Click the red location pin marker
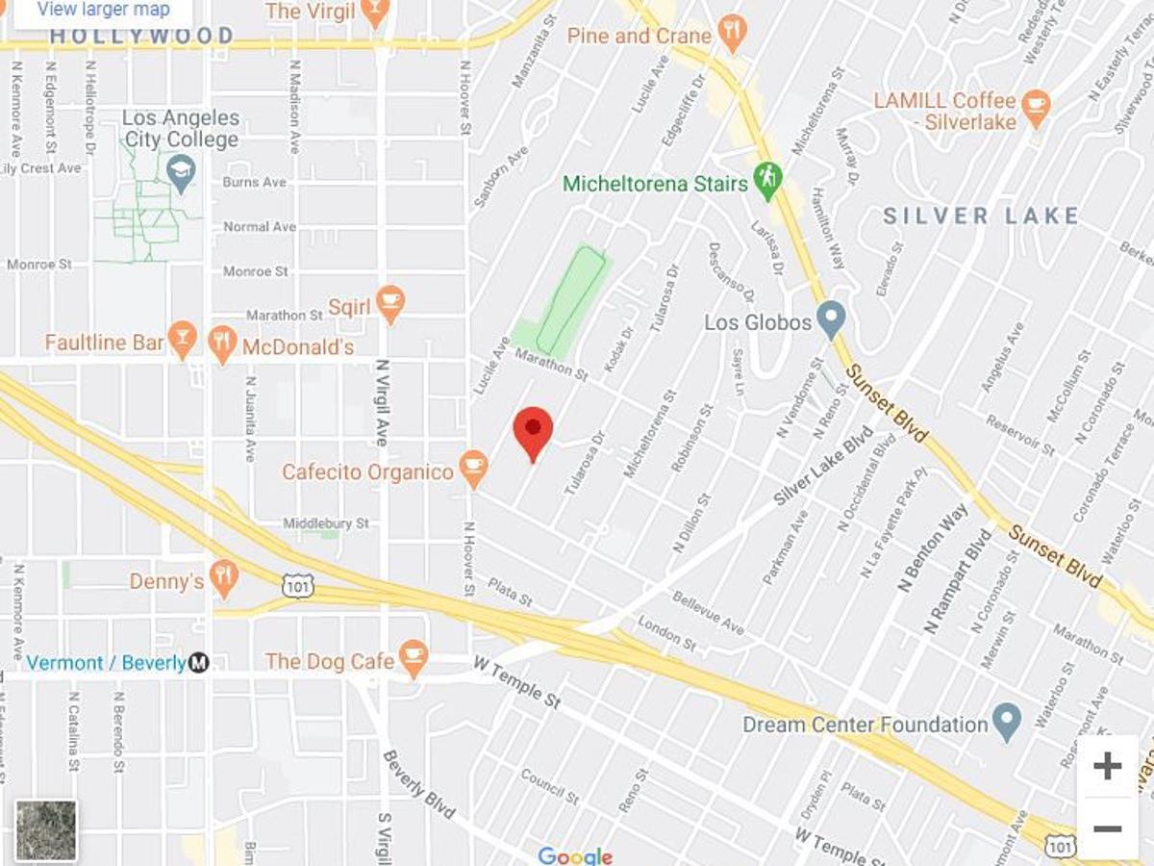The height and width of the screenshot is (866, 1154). pos(533,431)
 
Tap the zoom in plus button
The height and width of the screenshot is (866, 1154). pos(1107,767)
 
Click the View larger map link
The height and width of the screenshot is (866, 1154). pos(103,11)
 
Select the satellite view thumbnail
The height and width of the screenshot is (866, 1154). pos(46,829)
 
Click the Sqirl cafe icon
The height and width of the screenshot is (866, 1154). pos(389,303)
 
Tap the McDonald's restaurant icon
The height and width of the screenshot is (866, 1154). pos(223,344)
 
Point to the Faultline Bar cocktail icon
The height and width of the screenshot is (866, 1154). pos(182,340)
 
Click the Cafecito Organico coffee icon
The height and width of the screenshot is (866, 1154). pos(472,469)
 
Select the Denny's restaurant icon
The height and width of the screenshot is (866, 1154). pos(224,578)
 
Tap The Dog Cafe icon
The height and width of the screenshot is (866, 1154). pos(414,658)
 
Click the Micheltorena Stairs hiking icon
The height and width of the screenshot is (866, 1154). pos(767,180)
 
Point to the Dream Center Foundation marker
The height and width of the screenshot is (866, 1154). pos(1007,721)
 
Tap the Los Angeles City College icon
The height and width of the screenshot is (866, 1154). pos(180,173)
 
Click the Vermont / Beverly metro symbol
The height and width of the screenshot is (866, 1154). pos(198,662)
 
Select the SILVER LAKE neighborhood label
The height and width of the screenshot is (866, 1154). pos(980,216)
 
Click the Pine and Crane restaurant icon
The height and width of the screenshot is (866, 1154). pos(732,34)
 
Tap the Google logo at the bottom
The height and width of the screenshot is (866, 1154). pos(575,855)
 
